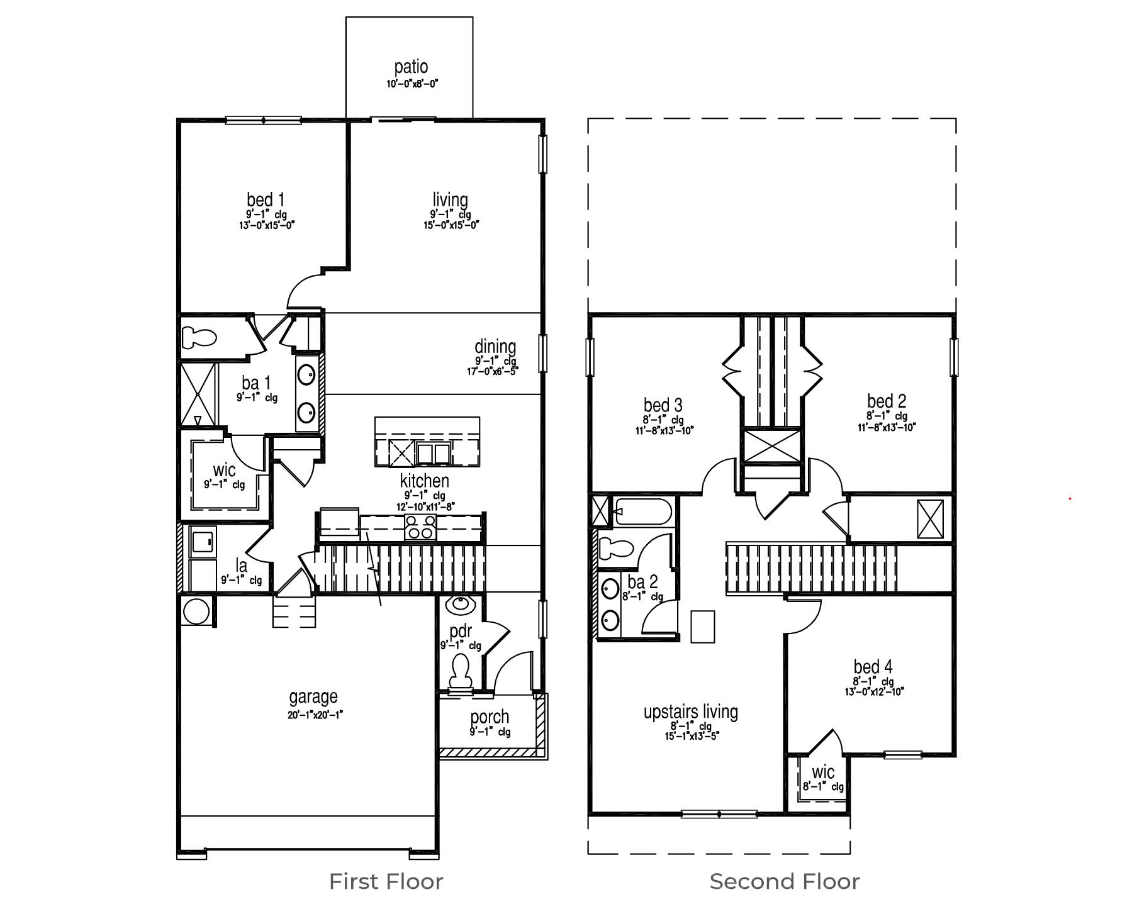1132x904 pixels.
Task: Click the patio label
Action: click(411, 67)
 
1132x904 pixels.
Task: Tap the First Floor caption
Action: click(386, 881)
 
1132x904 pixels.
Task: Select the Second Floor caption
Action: click(784, 881)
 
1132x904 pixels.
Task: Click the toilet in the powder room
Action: click(460, 671)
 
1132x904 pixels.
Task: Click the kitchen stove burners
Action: click(420, 527)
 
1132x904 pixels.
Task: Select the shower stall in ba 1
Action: click(198, 394)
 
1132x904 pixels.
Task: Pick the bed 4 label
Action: click(873, 666)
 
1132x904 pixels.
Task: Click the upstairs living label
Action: click(690, 711)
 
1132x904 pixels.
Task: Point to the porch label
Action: click(490, 717)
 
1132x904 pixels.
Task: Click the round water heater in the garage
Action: click(196, 610)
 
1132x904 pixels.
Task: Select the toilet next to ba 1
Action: click(199, 337)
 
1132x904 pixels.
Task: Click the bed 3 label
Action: click(663, 405)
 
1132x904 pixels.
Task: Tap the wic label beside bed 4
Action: click(823, 772)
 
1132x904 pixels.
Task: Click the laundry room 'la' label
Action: click(241, 565)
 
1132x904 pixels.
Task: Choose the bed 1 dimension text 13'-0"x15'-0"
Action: click(267, 225)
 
